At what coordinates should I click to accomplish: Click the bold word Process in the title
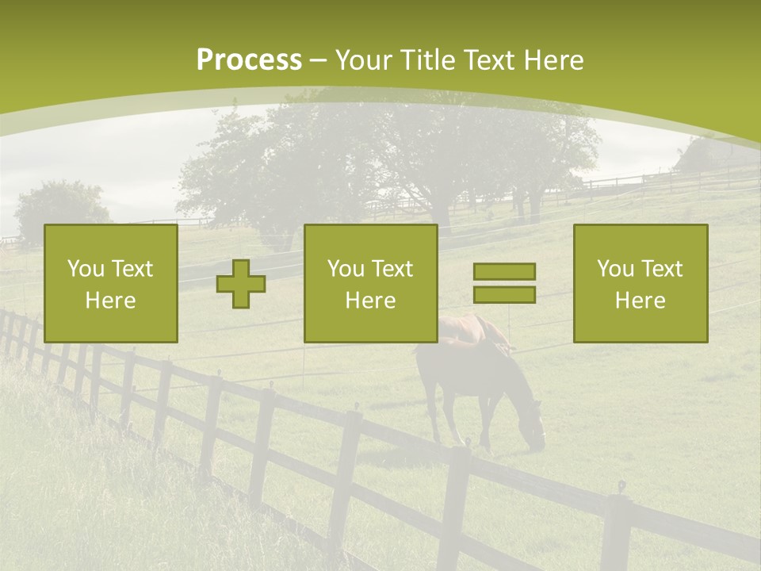tap(249, 60)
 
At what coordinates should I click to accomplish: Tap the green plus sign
tap(241, 284)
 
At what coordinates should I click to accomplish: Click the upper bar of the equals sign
tap(504, 272)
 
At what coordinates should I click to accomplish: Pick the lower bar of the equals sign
tap(504, 294)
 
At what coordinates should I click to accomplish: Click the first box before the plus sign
tap(111, 283)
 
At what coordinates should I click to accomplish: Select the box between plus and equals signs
tap(370, 283)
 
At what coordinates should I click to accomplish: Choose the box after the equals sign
tap(640, 283)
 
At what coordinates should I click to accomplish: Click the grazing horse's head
tap(534, 432)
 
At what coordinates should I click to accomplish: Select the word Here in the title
tap(554, 60)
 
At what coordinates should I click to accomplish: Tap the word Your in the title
tap(363, 60)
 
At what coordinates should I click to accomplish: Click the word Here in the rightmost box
tap(640, 301)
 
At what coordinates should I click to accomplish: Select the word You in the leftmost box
tap(85, 269)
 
